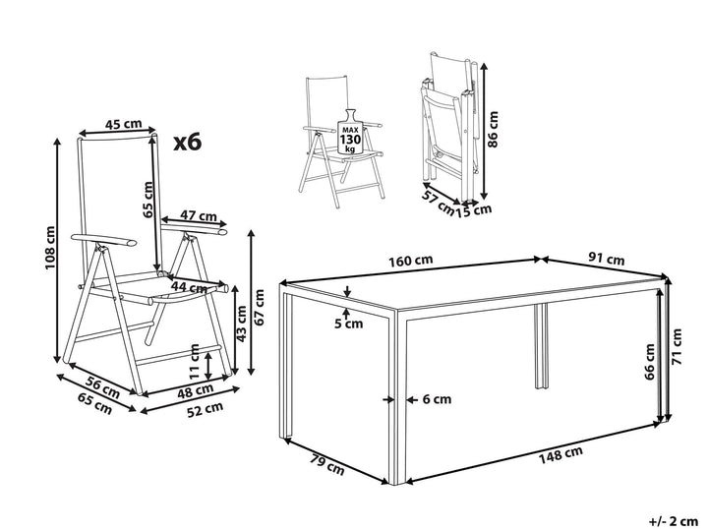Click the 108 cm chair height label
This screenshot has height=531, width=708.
pos(50,248)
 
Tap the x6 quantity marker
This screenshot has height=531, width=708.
pos(188,143)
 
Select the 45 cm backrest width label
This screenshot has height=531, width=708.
pos(123,123)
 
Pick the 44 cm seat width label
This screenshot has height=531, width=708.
pos(189,287)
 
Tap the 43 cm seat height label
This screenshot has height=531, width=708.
pos(242,324)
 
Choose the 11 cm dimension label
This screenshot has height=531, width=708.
pos(195,362)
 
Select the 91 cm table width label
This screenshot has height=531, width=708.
pos(607,260)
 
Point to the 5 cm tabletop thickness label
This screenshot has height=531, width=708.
pos(348,324)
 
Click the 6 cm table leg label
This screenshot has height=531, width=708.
pos(437,399)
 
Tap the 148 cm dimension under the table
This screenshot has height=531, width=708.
pos(560,454)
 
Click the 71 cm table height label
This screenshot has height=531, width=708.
pos(677,346)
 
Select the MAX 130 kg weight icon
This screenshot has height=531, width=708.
pos(350,132)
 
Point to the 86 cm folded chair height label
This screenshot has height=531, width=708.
pos(493,129)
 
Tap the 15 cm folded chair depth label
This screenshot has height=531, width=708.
pos(473,210)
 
